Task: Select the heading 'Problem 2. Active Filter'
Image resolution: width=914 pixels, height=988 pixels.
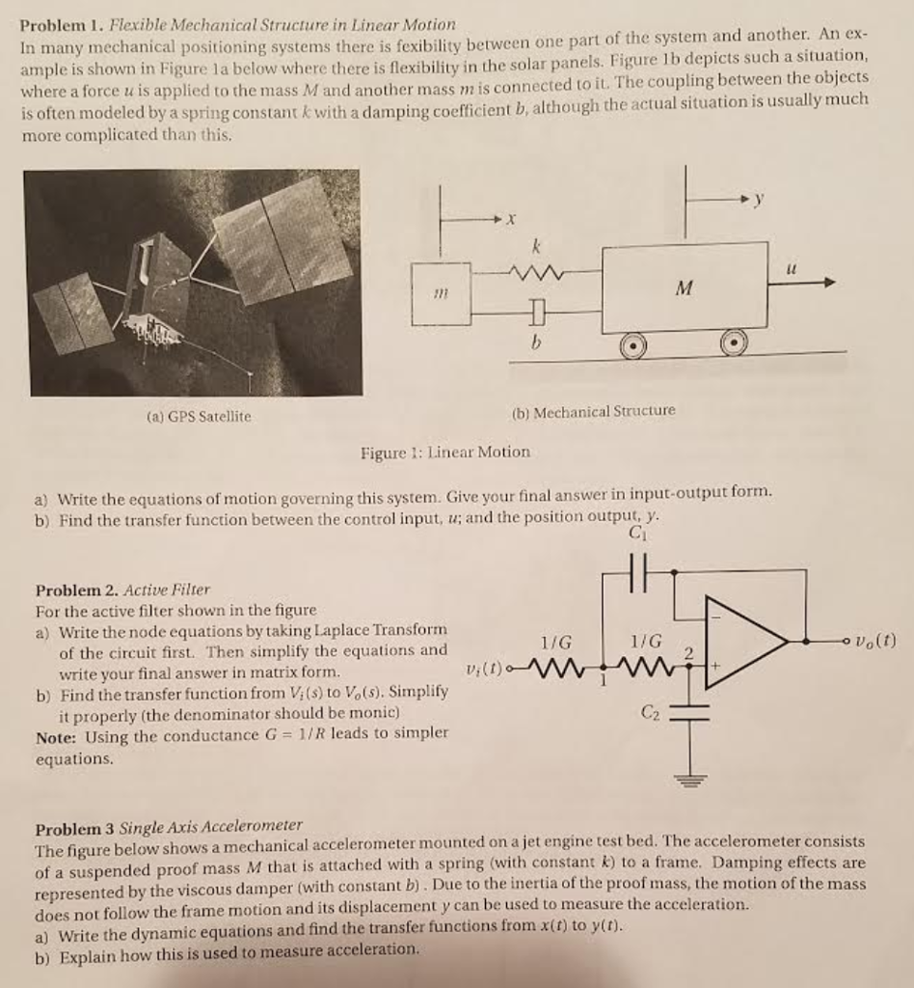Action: point(122,589)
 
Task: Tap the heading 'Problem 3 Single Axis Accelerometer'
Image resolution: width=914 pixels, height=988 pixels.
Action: point(169,827)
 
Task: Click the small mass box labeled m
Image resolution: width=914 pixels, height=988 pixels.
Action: point(441,290)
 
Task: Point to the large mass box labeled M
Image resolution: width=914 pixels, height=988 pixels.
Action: point(685,287)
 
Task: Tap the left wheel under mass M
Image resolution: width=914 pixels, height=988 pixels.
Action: point(633,345)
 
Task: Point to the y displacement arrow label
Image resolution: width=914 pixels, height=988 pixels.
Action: point(759,200)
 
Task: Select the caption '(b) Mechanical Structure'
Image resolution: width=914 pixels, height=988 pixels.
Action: point(593,410)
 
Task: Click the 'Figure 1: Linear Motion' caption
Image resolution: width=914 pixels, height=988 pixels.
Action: point(444,452)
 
